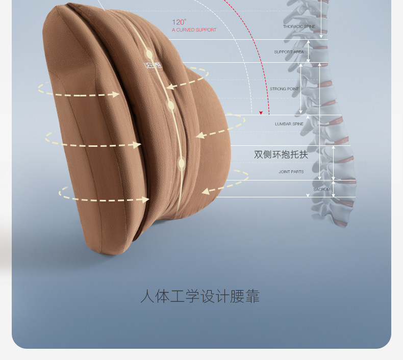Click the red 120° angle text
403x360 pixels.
point(179,22)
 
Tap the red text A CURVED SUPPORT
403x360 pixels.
point(194,30)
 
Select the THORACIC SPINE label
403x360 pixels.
point(299,27)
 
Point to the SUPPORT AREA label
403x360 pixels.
point(289,52)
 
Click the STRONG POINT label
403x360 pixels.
point(284,89)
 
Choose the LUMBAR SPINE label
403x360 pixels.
point(289,124)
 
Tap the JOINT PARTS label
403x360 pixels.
point(291,172)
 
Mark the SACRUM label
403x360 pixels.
point(321,190)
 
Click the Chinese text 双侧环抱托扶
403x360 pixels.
point(281,154)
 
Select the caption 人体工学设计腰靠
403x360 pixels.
point(200,296)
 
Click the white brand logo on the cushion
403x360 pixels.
point(152,65)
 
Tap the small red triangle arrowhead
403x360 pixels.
point(261,113)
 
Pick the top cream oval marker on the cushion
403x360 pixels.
point(148,53)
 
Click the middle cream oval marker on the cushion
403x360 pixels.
point(171,106)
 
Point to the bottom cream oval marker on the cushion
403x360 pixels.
point(181,164)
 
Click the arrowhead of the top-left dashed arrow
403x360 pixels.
point(115,94)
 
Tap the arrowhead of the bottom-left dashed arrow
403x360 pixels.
point(145,199)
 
